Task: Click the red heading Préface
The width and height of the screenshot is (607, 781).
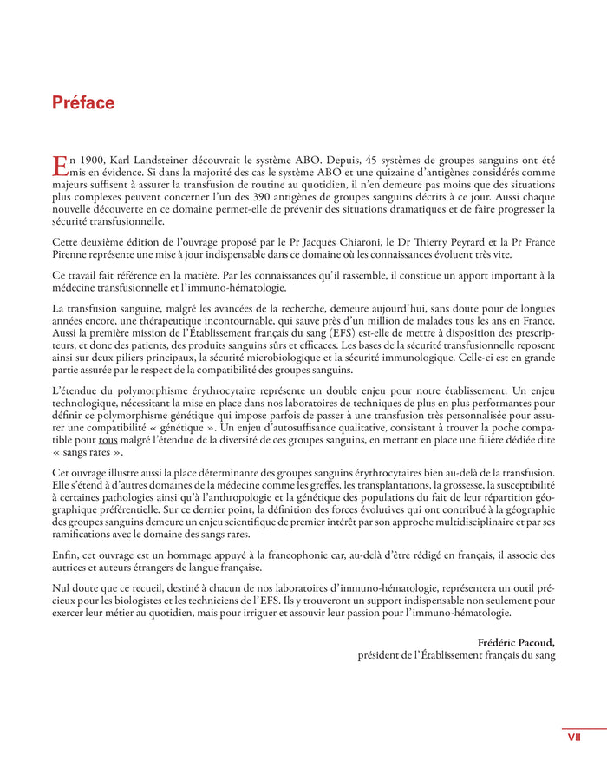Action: coord(83,103)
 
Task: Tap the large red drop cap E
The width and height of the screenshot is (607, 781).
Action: coord(60,167)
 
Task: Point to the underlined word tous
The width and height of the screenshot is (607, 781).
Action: coord(108,439)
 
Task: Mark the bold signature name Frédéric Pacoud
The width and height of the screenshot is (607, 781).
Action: coord(516,642)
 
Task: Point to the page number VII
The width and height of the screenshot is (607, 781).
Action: coord(574,738)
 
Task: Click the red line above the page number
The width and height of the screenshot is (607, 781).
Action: coord(583,728)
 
